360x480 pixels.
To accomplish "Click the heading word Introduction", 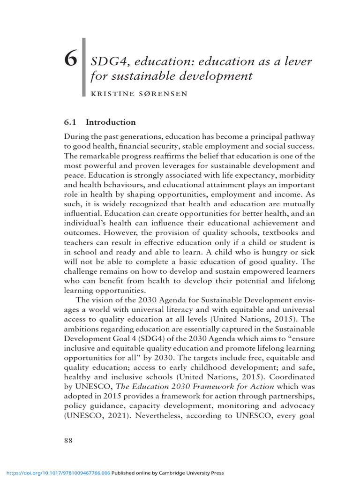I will pyautogui.click(x=111, y=122).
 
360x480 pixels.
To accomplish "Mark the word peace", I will pyautogui.click(x=75, y=185).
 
